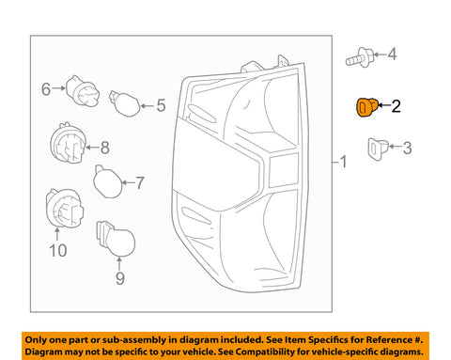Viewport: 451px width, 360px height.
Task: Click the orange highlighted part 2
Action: coord(367,107)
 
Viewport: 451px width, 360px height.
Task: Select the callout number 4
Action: coord(392,55)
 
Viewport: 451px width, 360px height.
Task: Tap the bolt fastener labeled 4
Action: coord(360,57)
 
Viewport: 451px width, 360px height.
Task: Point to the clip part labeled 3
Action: coord(378,149)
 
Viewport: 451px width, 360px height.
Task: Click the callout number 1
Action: coord(344,162)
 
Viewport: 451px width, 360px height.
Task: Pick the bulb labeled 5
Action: coord(125,103)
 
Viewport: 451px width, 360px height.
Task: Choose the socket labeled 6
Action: coord(83,91)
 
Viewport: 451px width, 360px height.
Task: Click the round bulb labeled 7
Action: coord(108,182)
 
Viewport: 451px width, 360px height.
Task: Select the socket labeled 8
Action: coord(69,143)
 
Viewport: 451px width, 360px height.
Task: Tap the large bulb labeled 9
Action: coord(117,238)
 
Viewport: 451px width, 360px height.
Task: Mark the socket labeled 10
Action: coord(65,209)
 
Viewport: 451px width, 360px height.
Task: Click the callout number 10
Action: coord(58,251)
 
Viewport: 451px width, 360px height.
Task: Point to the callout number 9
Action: coord(120,278)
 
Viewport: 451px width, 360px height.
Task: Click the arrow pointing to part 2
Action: coord(384,105)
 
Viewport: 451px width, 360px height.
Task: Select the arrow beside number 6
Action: coord(59,88)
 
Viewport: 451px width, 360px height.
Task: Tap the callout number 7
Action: coord(139,182)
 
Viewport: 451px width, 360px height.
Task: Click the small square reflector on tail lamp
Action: coord(284,170)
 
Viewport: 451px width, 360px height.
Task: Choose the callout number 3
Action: coord(407,148)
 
